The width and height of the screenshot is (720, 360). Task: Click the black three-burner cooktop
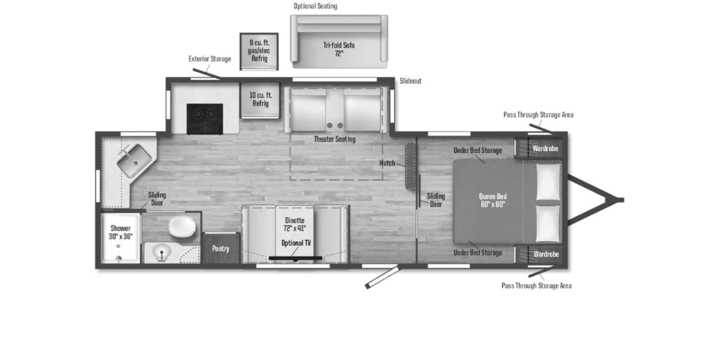(205, 119)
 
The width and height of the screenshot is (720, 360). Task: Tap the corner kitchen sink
(134, 160)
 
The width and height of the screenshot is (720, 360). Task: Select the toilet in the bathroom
(182, 226)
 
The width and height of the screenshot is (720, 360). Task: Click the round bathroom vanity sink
(161, 252)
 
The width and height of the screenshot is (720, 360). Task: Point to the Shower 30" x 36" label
(121, 232)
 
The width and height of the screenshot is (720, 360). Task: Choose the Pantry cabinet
(221, 248)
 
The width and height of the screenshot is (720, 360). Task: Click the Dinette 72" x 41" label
(294, 225)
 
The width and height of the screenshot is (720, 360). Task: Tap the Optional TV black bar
(295, 258)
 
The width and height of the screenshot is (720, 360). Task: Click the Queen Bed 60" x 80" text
(493, 200)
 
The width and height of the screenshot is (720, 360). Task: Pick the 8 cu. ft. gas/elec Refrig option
(259, 51)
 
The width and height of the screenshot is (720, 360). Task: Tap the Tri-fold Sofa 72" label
(339, 49)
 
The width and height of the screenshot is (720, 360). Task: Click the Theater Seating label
(335, 139)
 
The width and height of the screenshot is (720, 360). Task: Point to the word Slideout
(410, 81)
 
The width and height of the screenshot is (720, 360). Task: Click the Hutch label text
(387, 163)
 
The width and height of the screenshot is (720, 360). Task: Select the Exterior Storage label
(210, 59)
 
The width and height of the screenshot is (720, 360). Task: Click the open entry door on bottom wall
(382, 277)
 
